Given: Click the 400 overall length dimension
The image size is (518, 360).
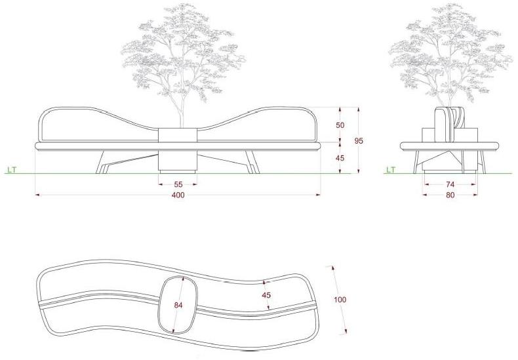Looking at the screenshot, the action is [x=178, y=195].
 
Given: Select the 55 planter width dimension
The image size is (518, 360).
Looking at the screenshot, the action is [x=178, y=184].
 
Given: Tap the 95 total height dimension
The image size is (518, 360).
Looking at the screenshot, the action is [x=359, y=141].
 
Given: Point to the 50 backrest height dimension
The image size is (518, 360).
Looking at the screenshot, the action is [x=340, y=125].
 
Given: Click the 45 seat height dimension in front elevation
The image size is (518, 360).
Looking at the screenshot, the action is [x=340, y=158].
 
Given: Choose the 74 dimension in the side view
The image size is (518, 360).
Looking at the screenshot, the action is [x=450, y=184].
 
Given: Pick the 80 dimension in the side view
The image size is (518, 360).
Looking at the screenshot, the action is [x=450, y=195].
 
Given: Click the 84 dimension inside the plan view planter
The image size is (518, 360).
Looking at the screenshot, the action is [x=178, y=305].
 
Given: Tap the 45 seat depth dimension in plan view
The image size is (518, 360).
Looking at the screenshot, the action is [x=266, y=295].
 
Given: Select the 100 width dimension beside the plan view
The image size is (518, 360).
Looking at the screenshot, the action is [x=340, y=300].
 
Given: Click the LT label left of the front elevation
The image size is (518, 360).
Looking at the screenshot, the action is [x=12, y=170].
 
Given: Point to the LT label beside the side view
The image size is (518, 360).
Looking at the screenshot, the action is [x=391, y=170].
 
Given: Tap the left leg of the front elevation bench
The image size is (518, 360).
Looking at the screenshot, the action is [x=101, y=162].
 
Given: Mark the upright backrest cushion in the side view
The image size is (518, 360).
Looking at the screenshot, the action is [x=441, y=125].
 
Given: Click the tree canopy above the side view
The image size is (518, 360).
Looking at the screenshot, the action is [x=450, y=53].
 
